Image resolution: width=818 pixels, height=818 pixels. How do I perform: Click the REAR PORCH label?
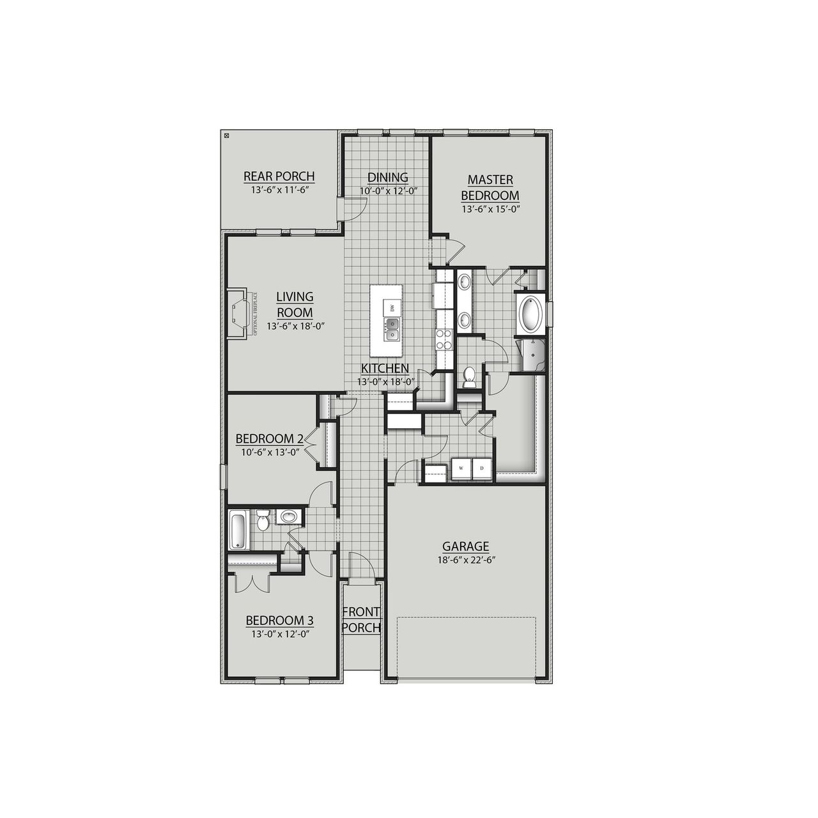[279, 176]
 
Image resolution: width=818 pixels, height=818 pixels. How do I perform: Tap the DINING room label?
[387, 177]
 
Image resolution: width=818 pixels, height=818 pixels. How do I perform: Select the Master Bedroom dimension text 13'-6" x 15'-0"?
[490, 209]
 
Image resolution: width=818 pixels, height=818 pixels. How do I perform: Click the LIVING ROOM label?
[295, 304]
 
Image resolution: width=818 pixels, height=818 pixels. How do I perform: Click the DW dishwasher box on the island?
[392, 308]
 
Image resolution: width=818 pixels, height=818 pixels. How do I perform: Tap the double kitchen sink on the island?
[392, 330]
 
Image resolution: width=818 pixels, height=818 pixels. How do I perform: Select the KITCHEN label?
[385, 368]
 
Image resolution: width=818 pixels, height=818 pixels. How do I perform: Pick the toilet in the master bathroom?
[470, 377]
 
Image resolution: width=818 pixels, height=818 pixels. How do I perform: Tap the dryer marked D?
[482, 468]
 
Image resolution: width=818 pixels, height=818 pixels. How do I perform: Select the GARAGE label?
[466, 546]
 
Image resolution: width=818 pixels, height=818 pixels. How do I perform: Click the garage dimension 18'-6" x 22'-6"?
[466, 560]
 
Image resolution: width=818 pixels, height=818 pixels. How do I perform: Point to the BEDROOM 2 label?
[269, 438]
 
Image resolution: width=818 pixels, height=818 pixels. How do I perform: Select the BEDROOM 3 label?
[279, 620]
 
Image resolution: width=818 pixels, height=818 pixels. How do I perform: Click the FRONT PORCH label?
[362, 620]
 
